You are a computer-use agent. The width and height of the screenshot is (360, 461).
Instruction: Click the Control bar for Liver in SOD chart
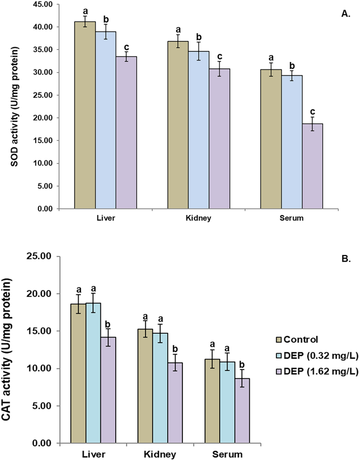click(x=85, y=116)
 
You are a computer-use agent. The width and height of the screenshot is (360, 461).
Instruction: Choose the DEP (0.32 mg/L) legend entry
click(x=317, y=356)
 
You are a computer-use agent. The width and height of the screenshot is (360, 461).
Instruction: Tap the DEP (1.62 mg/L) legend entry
click(x=317, y=372)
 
